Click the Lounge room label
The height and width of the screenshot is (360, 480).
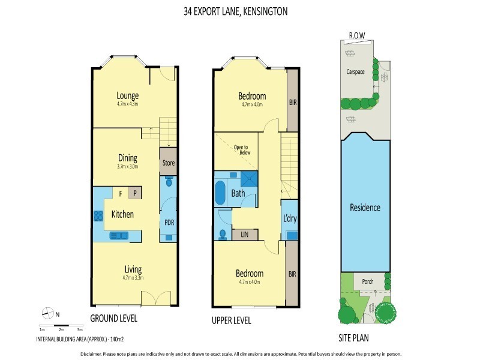coord(128,95)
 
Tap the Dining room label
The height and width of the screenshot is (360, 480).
coord(128,158)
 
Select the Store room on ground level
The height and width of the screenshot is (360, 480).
coord(168,162)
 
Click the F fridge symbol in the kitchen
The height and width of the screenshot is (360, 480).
coord(121,193)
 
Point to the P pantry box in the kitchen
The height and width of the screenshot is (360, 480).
coord(136,193)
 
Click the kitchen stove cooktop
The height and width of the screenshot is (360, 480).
coord(98,215)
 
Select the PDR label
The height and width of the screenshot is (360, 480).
coord(169,222)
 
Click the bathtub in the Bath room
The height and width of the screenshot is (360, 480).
coord(220,194)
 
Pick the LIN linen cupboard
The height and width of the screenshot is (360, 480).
coord(245,235)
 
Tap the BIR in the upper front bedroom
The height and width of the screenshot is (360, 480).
coord(293,103)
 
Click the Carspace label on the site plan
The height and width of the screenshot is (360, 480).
coord(355,71)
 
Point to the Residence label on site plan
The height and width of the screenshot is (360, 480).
coord(365,208)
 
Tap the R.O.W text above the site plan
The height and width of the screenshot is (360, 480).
coord(357,35)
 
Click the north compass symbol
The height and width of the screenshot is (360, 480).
coord(46,313)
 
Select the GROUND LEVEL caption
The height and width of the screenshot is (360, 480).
coord(113,318)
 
